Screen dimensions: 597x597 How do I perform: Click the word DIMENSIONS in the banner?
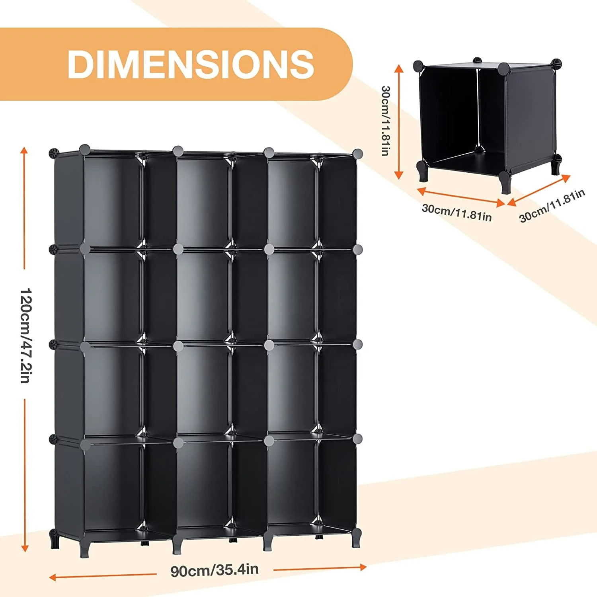(191, 64)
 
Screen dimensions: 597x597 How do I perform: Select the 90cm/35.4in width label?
(215, 570)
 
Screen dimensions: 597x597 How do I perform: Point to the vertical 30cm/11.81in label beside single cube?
(385, 121)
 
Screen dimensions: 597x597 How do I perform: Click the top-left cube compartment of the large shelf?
(113, 201)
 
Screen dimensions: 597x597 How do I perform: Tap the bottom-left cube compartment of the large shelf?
(113, 486)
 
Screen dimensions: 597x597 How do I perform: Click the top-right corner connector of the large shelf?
(357, 154)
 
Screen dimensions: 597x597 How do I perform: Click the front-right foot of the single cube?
(505, 183)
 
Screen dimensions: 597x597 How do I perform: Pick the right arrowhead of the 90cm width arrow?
(363, 566)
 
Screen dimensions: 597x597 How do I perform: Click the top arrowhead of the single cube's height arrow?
(399, 68)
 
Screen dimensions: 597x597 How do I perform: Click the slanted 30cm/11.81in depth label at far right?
(552, 205)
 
